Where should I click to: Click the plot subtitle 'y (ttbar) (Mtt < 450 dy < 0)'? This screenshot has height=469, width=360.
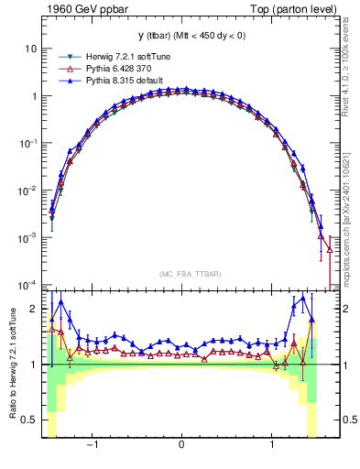pos(181,38)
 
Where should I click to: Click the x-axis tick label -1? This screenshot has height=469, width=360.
pos(93,446)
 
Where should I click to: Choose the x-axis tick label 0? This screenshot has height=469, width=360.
pos(182,446)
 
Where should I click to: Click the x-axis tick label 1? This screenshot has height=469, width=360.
pos(272,446)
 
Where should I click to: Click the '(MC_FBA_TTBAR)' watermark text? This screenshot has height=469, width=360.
pos(181,274)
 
